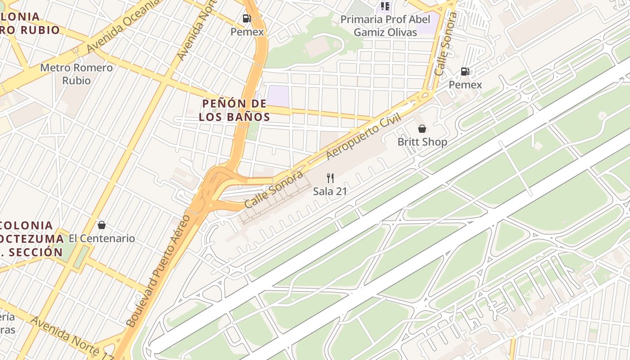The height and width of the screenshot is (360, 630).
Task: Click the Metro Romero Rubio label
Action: click(76, 74)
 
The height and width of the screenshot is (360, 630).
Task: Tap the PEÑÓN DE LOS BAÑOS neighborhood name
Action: click(234, 110)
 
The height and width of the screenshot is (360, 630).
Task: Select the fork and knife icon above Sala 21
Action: click(330, 178)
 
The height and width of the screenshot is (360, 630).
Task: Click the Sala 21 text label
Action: click(330, 191)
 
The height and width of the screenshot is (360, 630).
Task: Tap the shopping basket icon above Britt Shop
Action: click(422, 129)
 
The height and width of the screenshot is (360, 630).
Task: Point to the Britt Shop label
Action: click(422, 142)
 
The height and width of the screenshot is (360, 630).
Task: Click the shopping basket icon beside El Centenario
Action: click(102, 225)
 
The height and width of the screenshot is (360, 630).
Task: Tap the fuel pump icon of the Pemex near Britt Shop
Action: click(465, 72)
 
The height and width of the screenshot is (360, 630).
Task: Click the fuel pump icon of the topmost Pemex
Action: click(247, 18)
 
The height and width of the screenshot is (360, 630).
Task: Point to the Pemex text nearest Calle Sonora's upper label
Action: click(465, 85)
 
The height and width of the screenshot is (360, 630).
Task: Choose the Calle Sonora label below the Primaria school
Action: click(445, 44)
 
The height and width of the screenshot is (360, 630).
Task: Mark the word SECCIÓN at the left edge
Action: click(34, 252)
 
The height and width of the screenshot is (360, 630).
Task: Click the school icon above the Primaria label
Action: click(385, 6)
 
